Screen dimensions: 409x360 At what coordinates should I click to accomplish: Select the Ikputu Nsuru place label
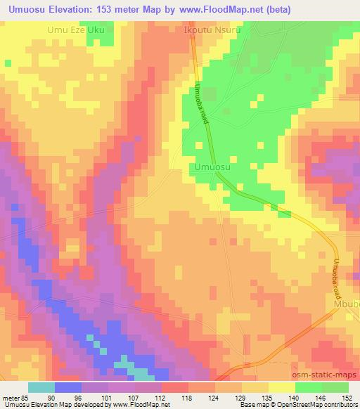point(212,30)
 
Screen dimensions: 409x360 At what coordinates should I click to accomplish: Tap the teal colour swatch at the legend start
point(41,387)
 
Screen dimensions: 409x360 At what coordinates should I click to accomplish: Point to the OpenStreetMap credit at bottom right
point(324,405)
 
